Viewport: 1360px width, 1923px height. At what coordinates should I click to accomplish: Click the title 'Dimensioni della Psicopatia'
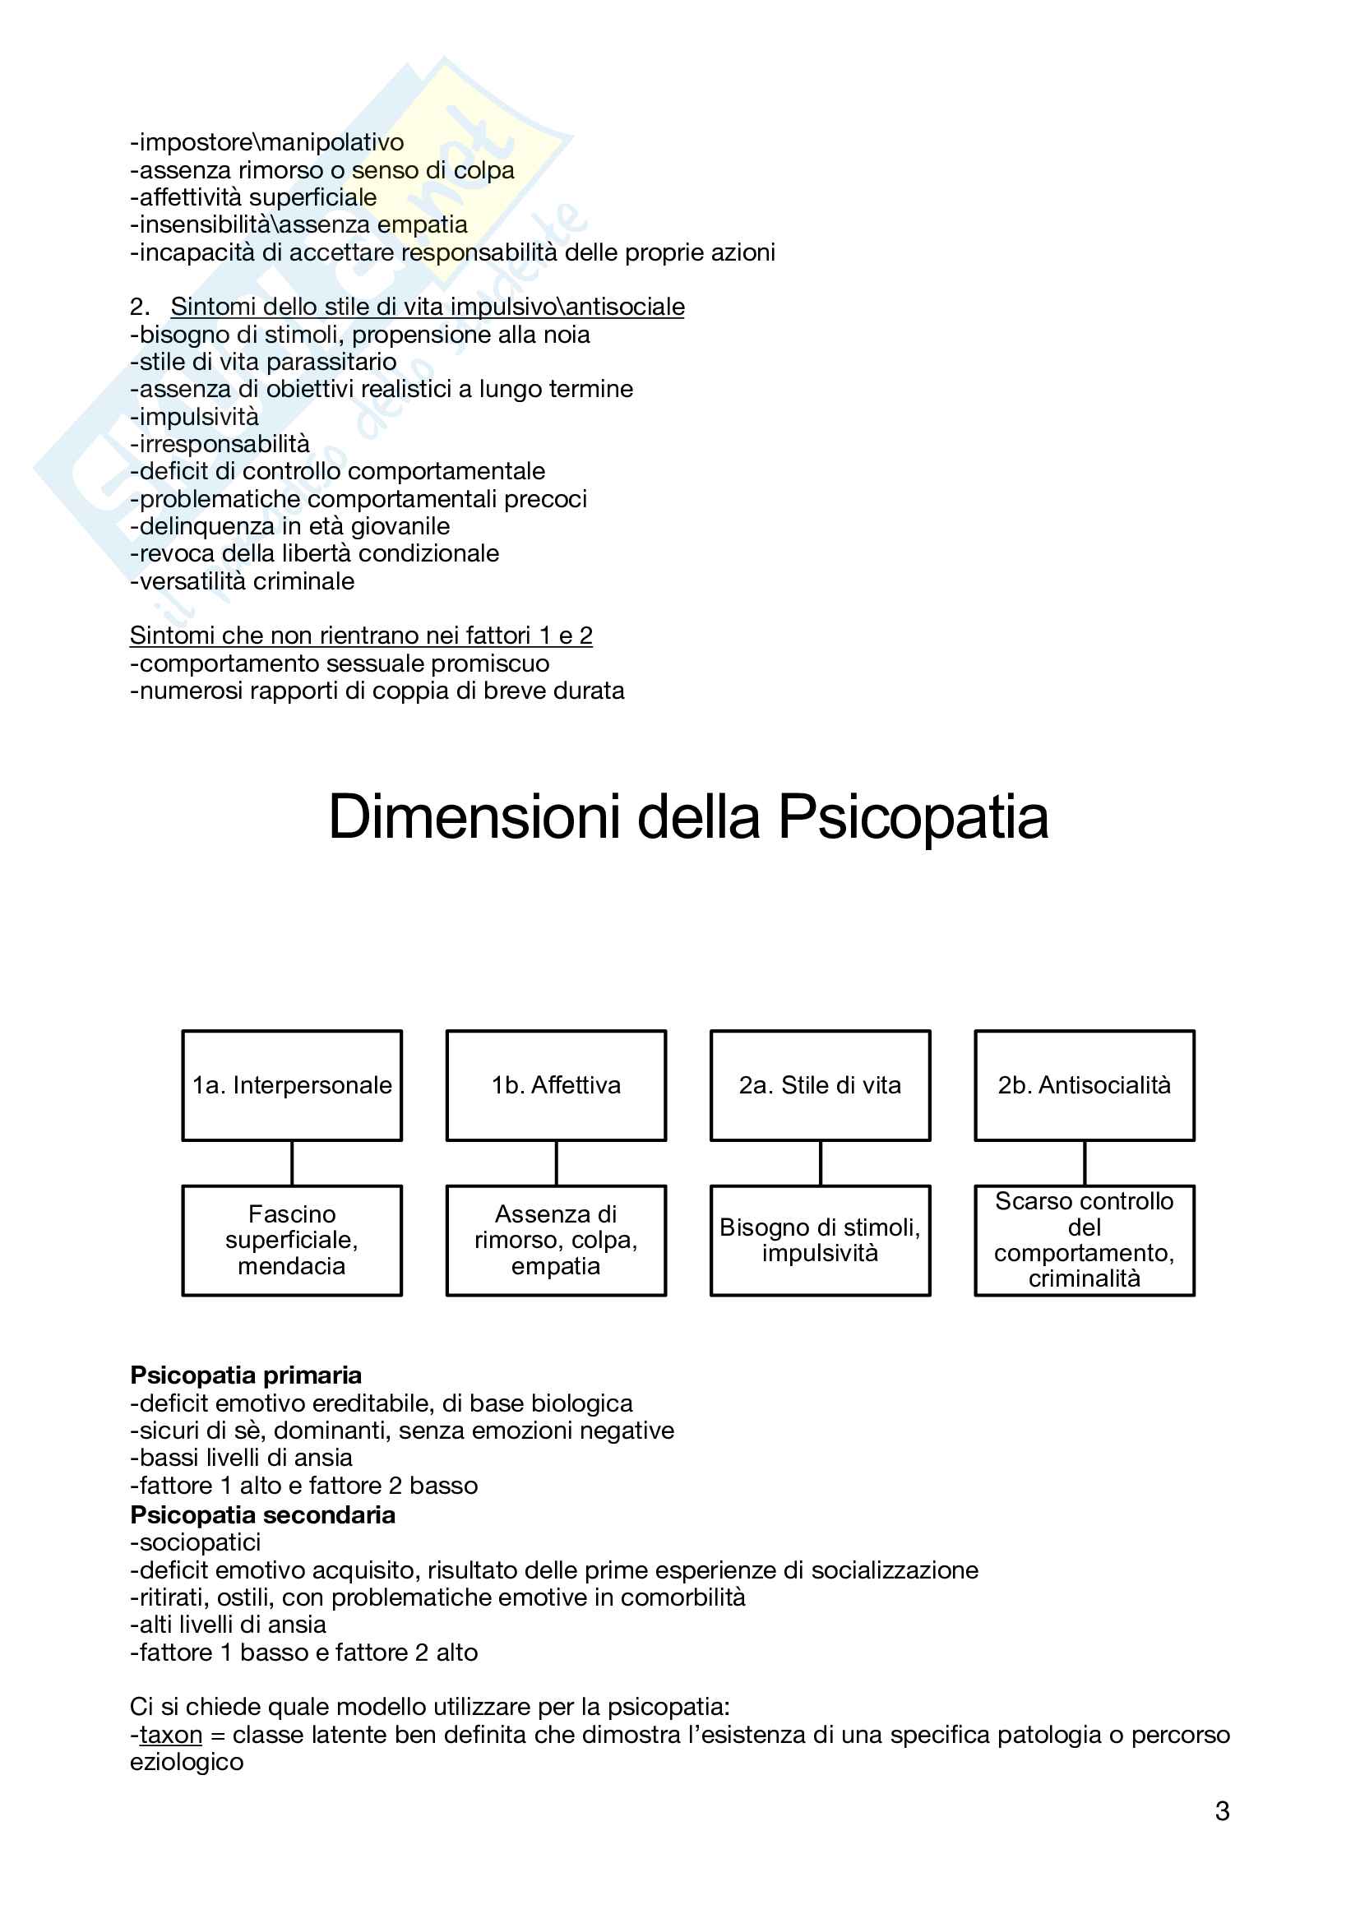tap(687, 817)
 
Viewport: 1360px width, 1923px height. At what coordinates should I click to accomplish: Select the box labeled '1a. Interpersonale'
tap(291, 1085)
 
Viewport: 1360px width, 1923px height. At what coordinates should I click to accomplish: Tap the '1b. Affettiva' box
tap(556, 1085)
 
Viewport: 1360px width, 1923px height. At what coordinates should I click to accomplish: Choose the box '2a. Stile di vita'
tap(820, 1085)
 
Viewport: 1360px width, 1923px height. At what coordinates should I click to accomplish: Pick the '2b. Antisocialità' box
tap(1085, 1085)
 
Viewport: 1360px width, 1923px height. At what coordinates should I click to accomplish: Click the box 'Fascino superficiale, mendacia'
tap(291, 1241)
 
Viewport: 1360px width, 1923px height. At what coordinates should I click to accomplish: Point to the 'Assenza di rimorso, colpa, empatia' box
tap(556, 1241)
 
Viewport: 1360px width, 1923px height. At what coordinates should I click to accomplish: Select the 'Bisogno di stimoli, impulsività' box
tap(820, 1241)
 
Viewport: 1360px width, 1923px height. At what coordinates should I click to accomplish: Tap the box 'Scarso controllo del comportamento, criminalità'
tap(1085, 1241)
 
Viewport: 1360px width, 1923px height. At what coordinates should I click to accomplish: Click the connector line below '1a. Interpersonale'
tap(291, 1163)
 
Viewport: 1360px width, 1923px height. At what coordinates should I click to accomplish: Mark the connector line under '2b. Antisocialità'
tap(1085, 1163)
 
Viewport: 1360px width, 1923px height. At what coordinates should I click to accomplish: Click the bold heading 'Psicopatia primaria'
tap(246, 1375)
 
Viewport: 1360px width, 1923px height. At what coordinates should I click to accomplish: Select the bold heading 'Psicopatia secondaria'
tap(262, 1515)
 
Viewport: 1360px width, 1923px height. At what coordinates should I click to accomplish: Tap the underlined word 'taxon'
tap(171, 1735)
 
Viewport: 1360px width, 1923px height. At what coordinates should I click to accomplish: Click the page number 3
tap(1222, 1812)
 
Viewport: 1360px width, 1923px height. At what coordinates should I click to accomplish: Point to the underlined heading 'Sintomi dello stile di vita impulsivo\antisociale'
tap(427, 307)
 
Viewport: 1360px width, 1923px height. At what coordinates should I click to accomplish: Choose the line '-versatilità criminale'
tap(242, 581)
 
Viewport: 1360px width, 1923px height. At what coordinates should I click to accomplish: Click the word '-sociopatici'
tap(195, 1542)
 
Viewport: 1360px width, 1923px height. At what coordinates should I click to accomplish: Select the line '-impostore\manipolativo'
tap(267, 142)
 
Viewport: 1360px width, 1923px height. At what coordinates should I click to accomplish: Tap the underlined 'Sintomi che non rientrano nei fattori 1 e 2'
tap(361, 636)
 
